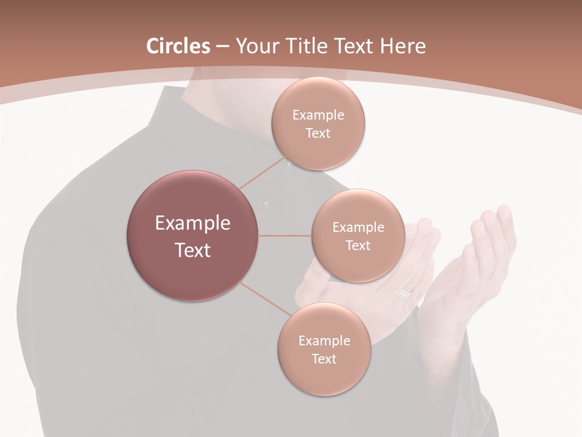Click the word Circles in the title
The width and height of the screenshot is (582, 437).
coord(178,46)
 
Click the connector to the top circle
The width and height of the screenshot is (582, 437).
coord(262,173)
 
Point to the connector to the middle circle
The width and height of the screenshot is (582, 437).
coord(285,235)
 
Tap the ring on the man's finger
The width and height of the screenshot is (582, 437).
coord(404,294)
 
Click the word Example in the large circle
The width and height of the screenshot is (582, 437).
coord(192,223)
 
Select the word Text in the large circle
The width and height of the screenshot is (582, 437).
coord(192,250)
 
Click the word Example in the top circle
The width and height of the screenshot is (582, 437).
coord(318,115)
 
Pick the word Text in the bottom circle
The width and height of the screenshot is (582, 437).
coord(324,359)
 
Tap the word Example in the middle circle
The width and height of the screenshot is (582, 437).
coord(358,228)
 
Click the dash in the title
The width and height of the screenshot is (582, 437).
coord(222,46)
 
